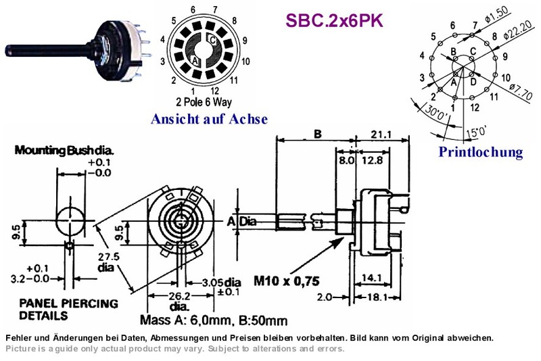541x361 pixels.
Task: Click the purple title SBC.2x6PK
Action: click(334, 21)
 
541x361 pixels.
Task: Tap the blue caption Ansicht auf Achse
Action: click(209, 119)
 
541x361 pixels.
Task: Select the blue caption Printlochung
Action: click(481, 152)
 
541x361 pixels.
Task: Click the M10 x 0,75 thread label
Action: click(286, 281)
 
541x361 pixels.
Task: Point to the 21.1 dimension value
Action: click(381, 134)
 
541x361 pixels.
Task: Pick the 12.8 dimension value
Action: click(372, 160)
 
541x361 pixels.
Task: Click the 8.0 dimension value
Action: click(346, 160)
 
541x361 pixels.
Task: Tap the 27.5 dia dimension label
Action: click(109, 262)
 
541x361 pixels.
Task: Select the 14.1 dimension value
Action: click(371, 278)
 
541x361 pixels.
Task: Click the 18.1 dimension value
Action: click(377, 297)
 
